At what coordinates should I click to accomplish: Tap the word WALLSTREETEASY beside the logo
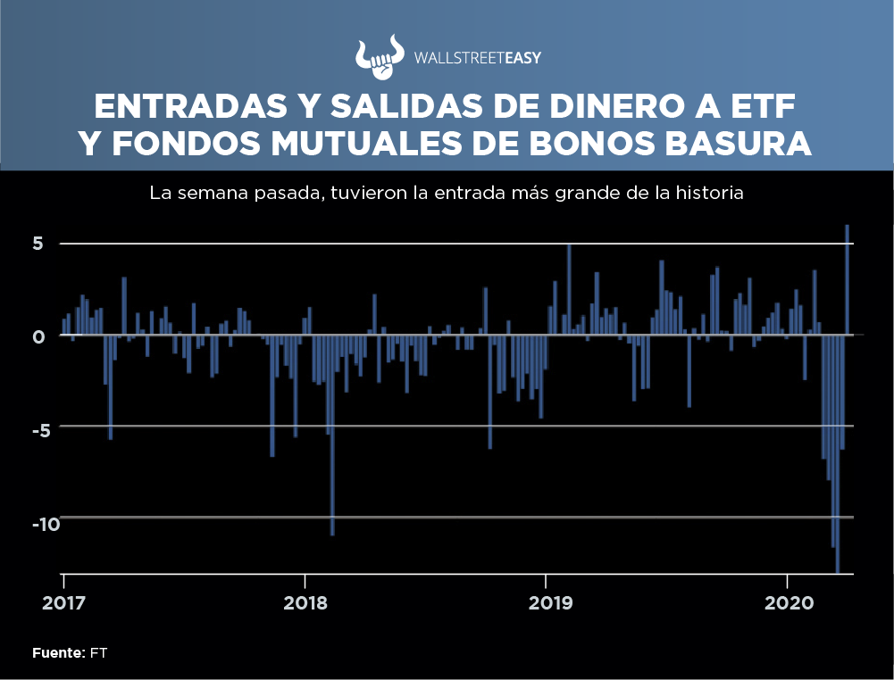[478, 58]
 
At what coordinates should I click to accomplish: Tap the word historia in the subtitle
[711, 193]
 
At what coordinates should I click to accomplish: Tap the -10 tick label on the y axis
[46, 523]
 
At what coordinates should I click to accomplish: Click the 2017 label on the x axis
[64, 603]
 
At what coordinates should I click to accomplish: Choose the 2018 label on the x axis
[305, 603]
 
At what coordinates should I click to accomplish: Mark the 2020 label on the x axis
[788, 603]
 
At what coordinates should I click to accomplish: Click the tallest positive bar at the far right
[847, 279]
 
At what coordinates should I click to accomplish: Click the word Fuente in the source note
[58, 653]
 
